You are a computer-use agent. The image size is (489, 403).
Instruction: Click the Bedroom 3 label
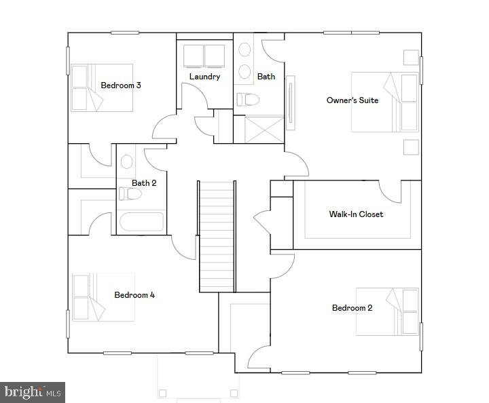coord(120,85)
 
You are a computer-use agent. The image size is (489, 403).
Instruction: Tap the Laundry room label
coord(204,77)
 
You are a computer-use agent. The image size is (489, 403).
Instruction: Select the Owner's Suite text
coord(352,100)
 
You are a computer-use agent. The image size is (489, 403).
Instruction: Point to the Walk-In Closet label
coord(356,214)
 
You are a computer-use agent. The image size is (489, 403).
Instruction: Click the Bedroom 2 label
coord(352,308)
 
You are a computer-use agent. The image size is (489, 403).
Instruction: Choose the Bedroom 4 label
coord(134,295)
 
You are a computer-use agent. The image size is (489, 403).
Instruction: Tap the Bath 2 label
coord(144,183)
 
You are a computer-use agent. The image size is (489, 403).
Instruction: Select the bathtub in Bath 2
coord(141,222)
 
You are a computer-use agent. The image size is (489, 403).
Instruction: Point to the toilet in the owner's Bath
coord(248,100)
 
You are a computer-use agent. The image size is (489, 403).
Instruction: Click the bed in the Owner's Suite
coord(384,102)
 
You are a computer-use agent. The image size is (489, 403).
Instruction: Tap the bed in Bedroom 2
coord(387,311)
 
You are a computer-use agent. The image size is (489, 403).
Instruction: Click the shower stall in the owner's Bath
coord(258,129)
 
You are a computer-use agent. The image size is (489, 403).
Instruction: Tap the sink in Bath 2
coord(126,162)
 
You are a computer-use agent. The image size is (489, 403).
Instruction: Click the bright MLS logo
coord(33,391)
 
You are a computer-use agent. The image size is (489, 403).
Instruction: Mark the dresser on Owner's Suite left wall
coord(290,102)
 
